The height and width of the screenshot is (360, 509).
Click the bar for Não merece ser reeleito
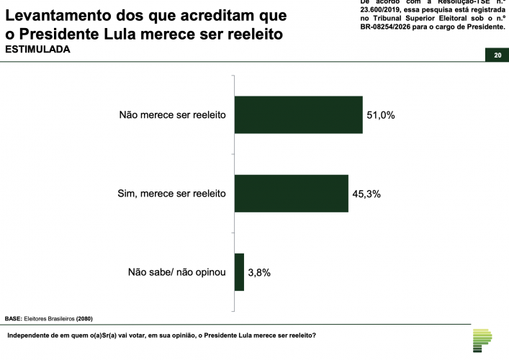point(298,114)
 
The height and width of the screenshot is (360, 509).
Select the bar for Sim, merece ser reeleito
point(292,193)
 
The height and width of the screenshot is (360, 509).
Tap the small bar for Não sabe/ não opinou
point(240,272)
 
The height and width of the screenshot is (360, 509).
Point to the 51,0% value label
point(382,114)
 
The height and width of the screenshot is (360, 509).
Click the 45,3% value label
point(367,193)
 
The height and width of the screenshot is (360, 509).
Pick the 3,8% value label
point(261,272)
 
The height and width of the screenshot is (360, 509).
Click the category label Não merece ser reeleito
point(173,114)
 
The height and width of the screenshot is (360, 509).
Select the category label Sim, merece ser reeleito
point(171,193)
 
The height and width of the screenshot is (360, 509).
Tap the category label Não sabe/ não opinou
point(177,272)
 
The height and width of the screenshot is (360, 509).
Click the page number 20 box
point(497,55)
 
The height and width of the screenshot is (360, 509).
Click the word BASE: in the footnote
point(14,318)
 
